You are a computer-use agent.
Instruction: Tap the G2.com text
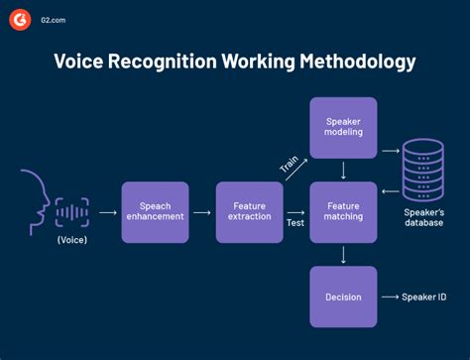pos(57,18)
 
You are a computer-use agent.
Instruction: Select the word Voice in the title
pos(81,62)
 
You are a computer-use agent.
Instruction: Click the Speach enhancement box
pos(155,212)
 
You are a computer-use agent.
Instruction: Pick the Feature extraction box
pos(249,212)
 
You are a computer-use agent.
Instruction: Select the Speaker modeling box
pos(343,128)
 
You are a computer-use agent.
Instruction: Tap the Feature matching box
pos(343,212)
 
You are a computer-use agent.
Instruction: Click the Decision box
pos(343,297)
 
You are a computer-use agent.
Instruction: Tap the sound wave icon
pos(71,211)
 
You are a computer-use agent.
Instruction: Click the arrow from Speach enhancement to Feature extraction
pos(202,212)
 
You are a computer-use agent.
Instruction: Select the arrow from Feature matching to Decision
pos(343,255)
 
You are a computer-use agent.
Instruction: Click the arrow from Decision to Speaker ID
pos(389,297)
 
